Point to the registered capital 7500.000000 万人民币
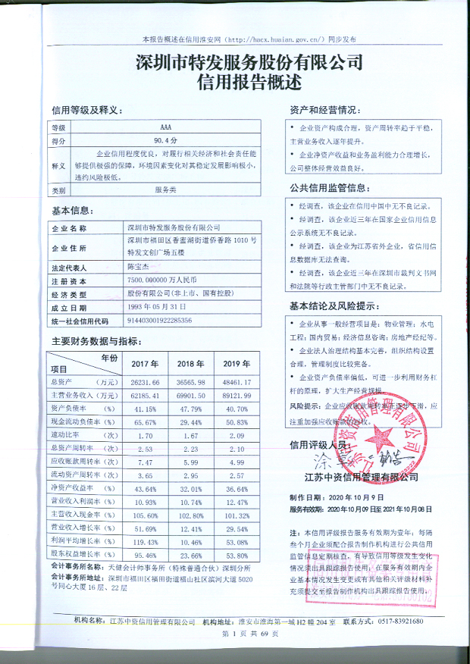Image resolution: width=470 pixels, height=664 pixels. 164,280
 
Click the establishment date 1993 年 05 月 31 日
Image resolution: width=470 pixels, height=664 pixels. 157,307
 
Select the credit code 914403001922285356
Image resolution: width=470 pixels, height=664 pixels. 160,321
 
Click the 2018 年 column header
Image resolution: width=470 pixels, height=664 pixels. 191,362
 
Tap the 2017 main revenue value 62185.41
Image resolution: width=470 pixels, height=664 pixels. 145,396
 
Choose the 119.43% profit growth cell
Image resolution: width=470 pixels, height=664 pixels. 145,541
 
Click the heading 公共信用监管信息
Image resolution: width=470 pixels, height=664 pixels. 329,187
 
